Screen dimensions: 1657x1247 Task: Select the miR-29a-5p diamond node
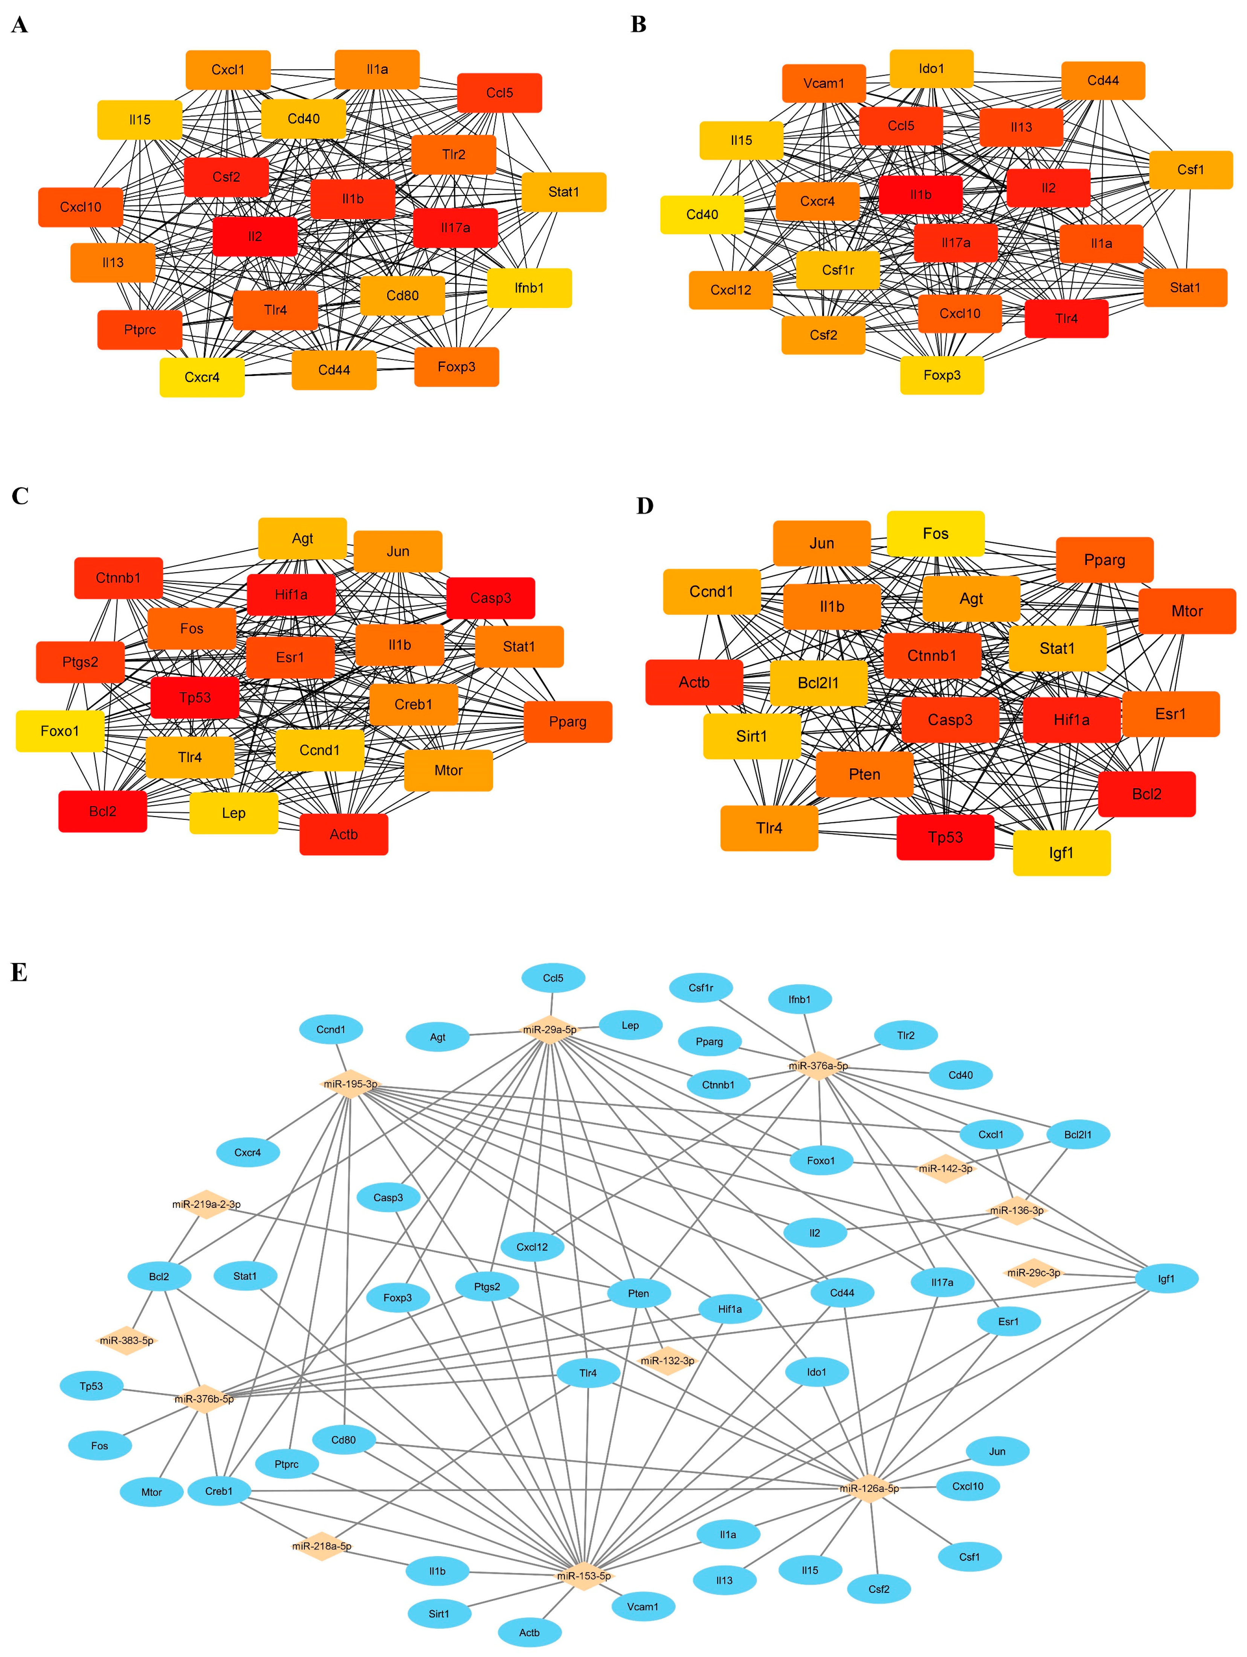[550, 1029]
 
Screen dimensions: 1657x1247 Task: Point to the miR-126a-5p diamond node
[869, 1488]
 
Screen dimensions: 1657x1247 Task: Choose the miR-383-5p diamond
[127, 1340]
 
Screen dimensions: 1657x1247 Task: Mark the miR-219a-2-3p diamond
[206, 1204]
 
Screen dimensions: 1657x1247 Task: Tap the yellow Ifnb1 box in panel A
[529, 288]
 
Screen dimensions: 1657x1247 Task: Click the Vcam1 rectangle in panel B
[824, 83]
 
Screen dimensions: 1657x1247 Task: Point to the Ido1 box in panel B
[931, 69]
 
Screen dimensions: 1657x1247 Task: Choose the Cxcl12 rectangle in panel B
[731, 290]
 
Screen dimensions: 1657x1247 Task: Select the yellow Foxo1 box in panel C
[60, 730]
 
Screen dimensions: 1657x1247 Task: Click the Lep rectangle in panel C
[234, 813]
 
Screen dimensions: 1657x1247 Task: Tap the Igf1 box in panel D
[1061, 853]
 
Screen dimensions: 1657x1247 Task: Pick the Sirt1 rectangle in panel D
[752, 736]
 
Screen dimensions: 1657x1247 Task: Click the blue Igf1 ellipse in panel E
[1166, 1279]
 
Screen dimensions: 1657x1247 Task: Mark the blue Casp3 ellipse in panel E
[388, 1197]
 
